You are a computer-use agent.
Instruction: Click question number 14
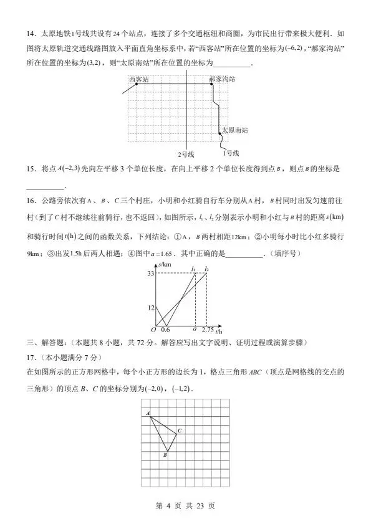click(32, 34)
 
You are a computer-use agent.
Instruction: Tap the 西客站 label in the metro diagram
click(138, 79)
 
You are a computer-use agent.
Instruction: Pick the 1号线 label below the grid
click(231, 153)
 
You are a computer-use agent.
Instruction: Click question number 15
click(32, 169)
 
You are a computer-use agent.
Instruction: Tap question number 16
click(32, 201)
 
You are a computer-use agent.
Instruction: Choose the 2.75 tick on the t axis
click(208, 330)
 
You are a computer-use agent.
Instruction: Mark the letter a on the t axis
click(195, 328)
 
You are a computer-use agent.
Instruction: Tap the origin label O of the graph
click(153, 329)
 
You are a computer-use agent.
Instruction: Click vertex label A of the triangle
click(148, 414)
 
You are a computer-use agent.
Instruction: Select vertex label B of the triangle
click(165, 455)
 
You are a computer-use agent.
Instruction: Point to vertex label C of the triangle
click(180, 431)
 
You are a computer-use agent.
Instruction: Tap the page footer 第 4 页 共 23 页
click(185, 505)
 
